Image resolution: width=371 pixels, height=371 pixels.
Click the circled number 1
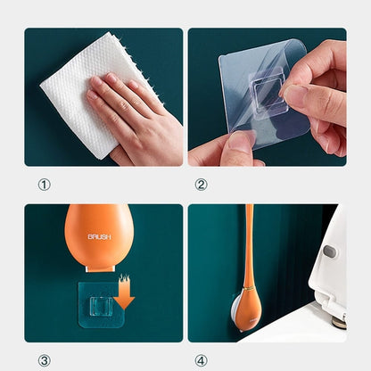45,185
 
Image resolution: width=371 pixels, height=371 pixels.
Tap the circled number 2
201,185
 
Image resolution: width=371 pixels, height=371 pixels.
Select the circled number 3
45,360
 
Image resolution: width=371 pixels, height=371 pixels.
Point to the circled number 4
201,360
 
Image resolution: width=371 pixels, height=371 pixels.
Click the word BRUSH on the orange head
99,237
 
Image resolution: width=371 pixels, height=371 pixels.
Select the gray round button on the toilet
330,251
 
